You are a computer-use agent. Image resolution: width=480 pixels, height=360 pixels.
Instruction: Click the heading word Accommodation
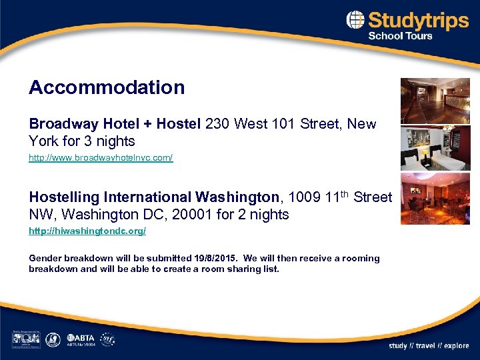click(107, 87)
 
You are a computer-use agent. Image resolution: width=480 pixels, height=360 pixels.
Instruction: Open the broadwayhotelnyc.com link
click(101, 158)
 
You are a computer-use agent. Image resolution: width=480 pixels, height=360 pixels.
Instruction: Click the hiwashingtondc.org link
click(87, 231)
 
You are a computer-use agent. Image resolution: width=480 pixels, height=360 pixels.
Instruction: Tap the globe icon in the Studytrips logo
click(355, 20)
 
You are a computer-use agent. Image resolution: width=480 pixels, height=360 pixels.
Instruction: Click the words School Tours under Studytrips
click(400, 36)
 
